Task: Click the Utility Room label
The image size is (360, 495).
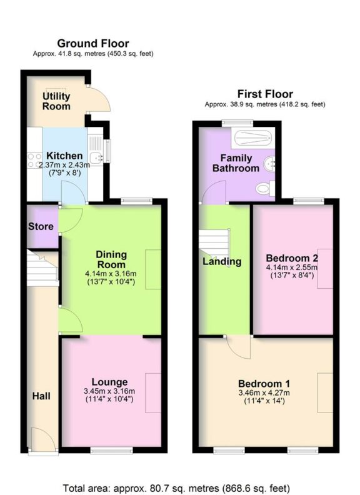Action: click(56, 101)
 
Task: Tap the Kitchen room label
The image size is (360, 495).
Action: click(64, 156)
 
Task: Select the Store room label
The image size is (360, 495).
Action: click(41, 226)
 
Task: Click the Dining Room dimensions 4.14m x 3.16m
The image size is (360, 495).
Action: click(111, 273)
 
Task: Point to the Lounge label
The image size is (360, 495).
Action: click(109, 382)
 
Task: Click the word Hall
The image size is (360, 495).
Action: click(41, 396)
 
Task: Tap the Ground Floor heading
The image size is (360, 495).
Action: click(93, 43)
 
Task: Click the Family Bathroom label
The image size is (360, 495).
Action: click(235, 163)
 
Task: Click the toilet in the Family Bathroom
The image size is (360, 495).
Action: click(265, 188)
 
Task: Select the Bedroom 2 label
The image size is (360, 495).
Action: click(292, 258)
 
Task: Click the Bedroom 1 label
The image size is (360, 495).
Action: click(263, 383)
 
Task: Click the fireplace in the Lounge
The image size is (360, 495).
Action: click(153, 392)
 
